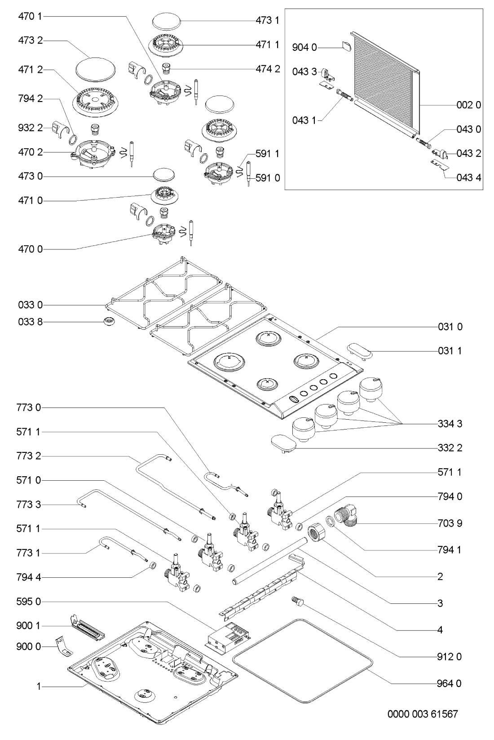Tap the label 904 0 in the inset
click(x=305, y=47)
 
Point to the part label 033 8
click(x=31, y=322)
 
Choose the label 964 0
click(x=450, y=683)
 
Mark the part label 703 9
click(x=450, y=523)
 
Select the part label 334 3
click(x=450, y=424)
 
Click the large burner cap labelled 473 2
click(x=95, y=69)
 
